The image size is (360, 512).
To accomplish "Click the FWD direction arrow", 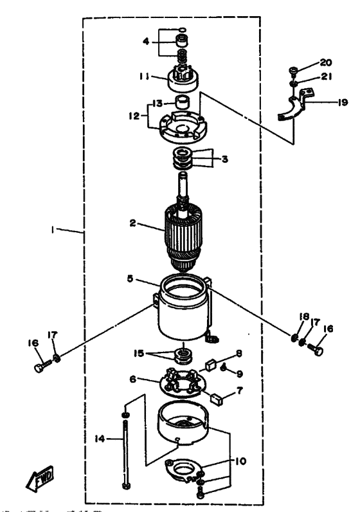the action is (40, 479).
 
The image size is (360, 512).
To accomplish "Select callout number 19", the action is (343, 102).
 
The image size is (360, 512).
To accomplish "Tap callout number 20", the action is (325, 62).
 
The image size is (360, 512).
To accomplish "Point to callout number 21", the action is (327, 77).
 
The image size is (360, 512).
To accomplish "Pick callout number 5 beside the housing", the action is (130, 279).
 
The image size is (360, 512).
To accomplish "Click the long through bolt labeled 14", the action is (125, 454).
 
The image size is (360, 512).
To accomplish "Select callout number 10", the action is (240, 461).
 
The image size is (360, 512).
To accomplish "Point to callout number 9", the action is (240, 374).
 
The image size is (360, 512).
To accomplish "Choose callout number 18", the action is (304, 316).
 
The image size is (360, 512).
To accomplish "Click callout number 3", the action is (225, 160).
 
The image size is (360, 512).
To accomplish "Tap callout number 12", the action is (134, 116).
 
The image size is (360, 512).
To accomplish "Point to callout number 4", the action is (146, 41).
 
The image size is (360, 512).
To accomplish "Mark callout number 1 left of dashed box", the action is (52, 230).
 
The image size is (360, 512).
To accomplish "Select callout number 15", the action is (139, 353).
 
